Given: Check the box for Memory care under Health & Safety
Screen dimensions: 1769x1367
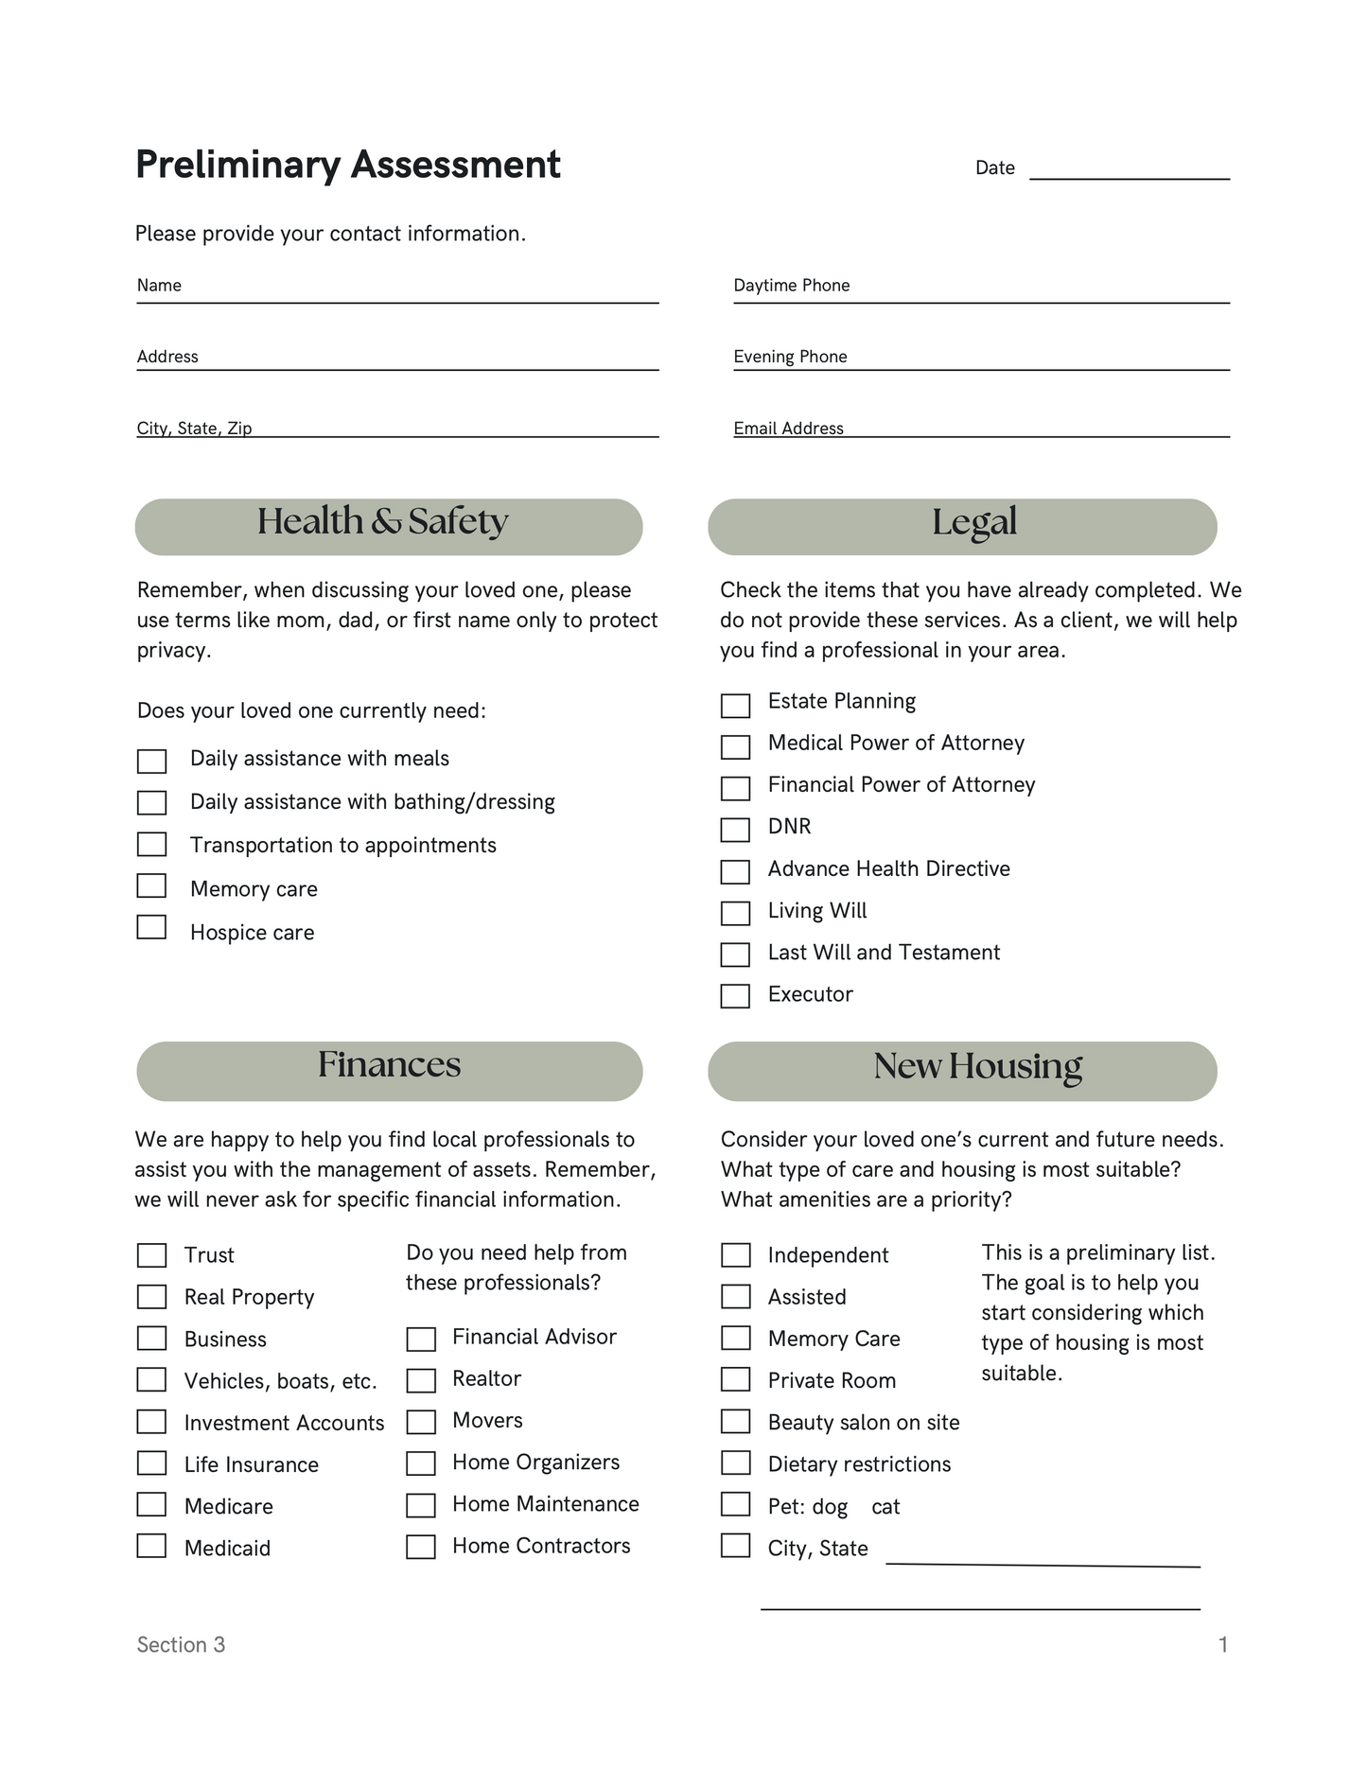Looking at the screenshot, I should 151,886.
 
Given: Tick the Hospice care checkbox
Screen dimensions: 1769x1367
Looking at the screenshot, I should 151,928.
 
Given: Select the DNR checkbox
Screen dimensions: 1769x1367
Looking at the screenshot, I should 735,830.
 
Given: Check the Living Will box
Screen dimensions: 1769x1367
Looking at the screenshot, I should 735,913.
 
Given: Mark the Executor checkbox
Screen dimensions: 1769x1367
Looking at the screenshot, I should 735,996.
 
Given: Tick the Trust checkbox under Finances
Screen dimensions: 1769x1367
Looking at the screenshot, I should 151,1255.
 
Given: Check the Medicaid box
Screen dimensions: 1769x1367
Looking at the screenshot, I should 151,1546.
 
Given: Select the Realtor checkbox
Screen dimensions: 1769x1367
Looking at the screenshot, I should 421,1381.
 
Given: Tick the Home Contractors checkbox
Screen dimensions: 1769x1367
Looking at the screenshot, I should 421,1547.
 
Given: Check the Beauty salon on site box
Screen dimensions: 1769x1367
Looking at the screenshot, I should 735,1422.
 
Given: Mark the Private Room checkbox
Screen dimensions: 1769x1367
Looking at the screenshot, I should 735,1380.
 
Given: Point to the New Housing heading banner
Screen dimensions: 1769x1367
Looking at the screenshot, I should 962,1071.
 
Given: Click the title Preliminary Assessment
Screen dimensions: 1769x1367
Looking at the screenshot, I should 348,165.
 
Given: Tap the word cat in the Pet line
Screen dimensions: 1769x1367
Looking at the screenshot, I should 885,1507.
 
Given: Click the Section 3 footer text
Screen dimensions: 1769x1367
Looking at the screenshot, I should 181,1645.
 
